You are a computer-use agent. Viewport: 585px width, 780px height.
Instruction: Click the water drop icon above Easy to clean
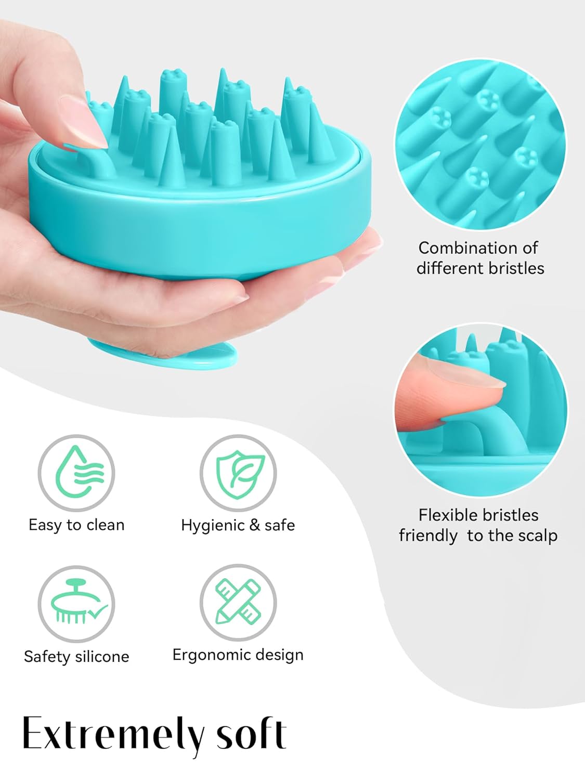(x=76, y=473)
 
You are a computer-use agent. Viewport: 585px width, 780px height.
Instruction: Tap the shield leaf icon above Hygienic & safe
(x=238, y=473)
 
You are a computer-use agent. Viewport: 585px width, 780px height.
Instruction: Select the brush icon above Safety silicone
(x=76, y=604)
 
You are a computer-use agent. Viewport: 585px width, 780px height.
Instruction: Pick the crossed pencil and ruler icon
(x=238, y=603)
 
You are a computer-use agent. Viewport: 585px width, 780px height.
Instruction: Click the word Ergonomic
(x=211, y=655)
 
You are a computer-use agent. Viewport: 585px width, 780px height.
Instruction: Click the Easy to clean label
(x=76, y=525)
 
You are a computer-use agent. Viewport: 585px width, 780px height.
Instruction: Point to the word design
(x=278, y=655)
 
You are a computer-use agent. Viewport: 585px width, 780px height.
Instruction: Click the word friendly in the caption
(x=428, y=536)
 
